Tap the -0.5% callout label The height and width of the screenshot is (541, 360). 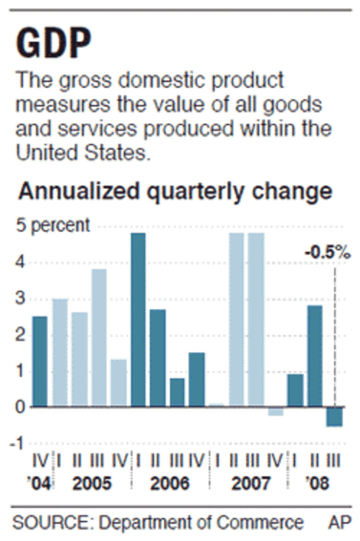[326, 253]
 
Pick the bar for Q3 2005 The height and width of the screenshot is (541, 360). [99, 337]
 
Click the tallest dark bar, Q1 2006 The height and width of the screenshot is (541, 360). [138, 319]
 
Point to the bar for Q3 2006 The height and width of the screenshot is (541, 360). [177, 392]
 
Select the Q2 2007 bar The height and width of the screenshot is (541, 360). [236, 319]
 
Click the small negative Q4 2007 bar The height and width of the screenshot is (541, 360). [276, 411]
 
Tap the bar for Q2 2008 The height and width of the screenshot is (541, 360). [315, 356]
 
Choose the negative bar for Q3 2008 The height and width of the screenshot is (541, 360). [334, 417]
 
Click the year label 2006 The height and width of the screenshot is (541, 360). [169, 484]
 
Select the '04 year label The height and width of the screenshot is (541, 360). [40, 484]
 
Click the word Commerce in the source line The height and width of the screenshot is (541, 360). [260, 523]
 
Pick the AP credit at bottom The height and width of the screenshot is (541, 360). [340, 523]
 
